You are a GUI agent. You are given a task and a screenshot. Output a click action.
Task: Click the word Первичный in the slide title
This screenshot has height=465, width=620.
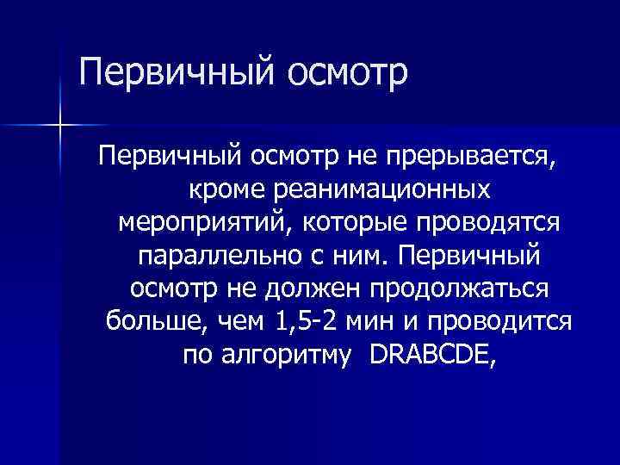point(164,72)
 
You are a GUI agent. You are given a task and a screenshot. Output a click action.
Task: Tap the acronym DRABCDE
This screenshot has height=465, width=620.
point(431,354)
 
